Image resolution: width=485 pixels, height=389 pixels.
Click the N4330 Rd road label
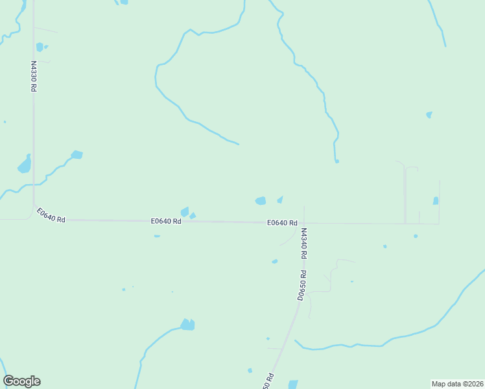pyautogui.click(x=33, y=76)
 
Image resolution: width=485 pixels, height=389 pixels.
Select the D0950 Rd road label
pyautogui.click(x=301, y=286)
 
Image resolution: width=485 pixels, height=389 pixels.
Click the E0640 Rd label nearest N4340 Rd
pyautogui.click(x=282, y=223)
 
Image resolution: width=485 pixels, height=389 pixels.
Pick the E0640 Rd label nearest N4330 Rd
pyautogui.click(x=51, y=215)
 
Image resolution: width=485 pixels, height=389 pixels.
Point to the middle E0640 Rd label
pyautogui.click(x=166, y=221)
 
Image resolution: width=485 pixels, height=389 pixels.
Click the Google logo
pyautogui.click(x=21, y=381)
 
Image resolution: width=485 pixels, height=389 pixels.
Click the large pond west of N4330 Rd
pyautogui.click(x=25, y=165)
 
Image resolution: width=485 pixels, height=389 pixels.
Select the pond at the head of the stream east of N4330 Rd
pyautogui.click(x=77, y=155)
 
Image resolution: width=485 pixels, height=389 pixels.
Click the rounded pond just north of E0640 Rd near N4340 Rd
pyautogui.click(x=261, y=201)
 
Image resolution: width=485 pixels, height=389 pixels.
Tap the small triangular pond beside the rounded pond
pyautogui.click(x=280, y=199)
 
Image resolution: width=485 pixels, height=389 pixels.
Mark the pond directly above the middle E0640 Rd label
pyautogui.click(x=185, y=211)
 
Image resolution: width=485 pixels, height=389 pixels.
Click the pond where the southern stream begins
pyautogui.click(x=187, y=325)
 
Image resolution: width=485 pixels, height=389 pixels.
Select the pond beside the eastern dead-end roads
pyautogui.click(x=436, y=201)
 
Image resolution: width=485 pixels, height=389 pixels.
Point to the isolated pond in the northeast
pyautogui.click(x=429, y=115)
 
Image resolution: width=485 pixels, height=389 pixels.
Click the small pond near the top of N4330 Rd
pyautogui.click(x=40, y=47)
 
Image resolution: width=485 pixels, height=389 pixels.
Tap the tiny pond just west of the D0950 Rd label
pyautogui.click(x=275, y=261)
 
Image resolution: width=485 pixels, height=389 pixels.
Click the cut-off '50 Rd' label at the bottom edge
pyautogui.click(x=268, y=382)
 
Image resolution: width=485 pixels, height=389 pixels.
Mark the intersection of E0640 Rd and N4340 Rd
pyautogui.click(x=304, y=224)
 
